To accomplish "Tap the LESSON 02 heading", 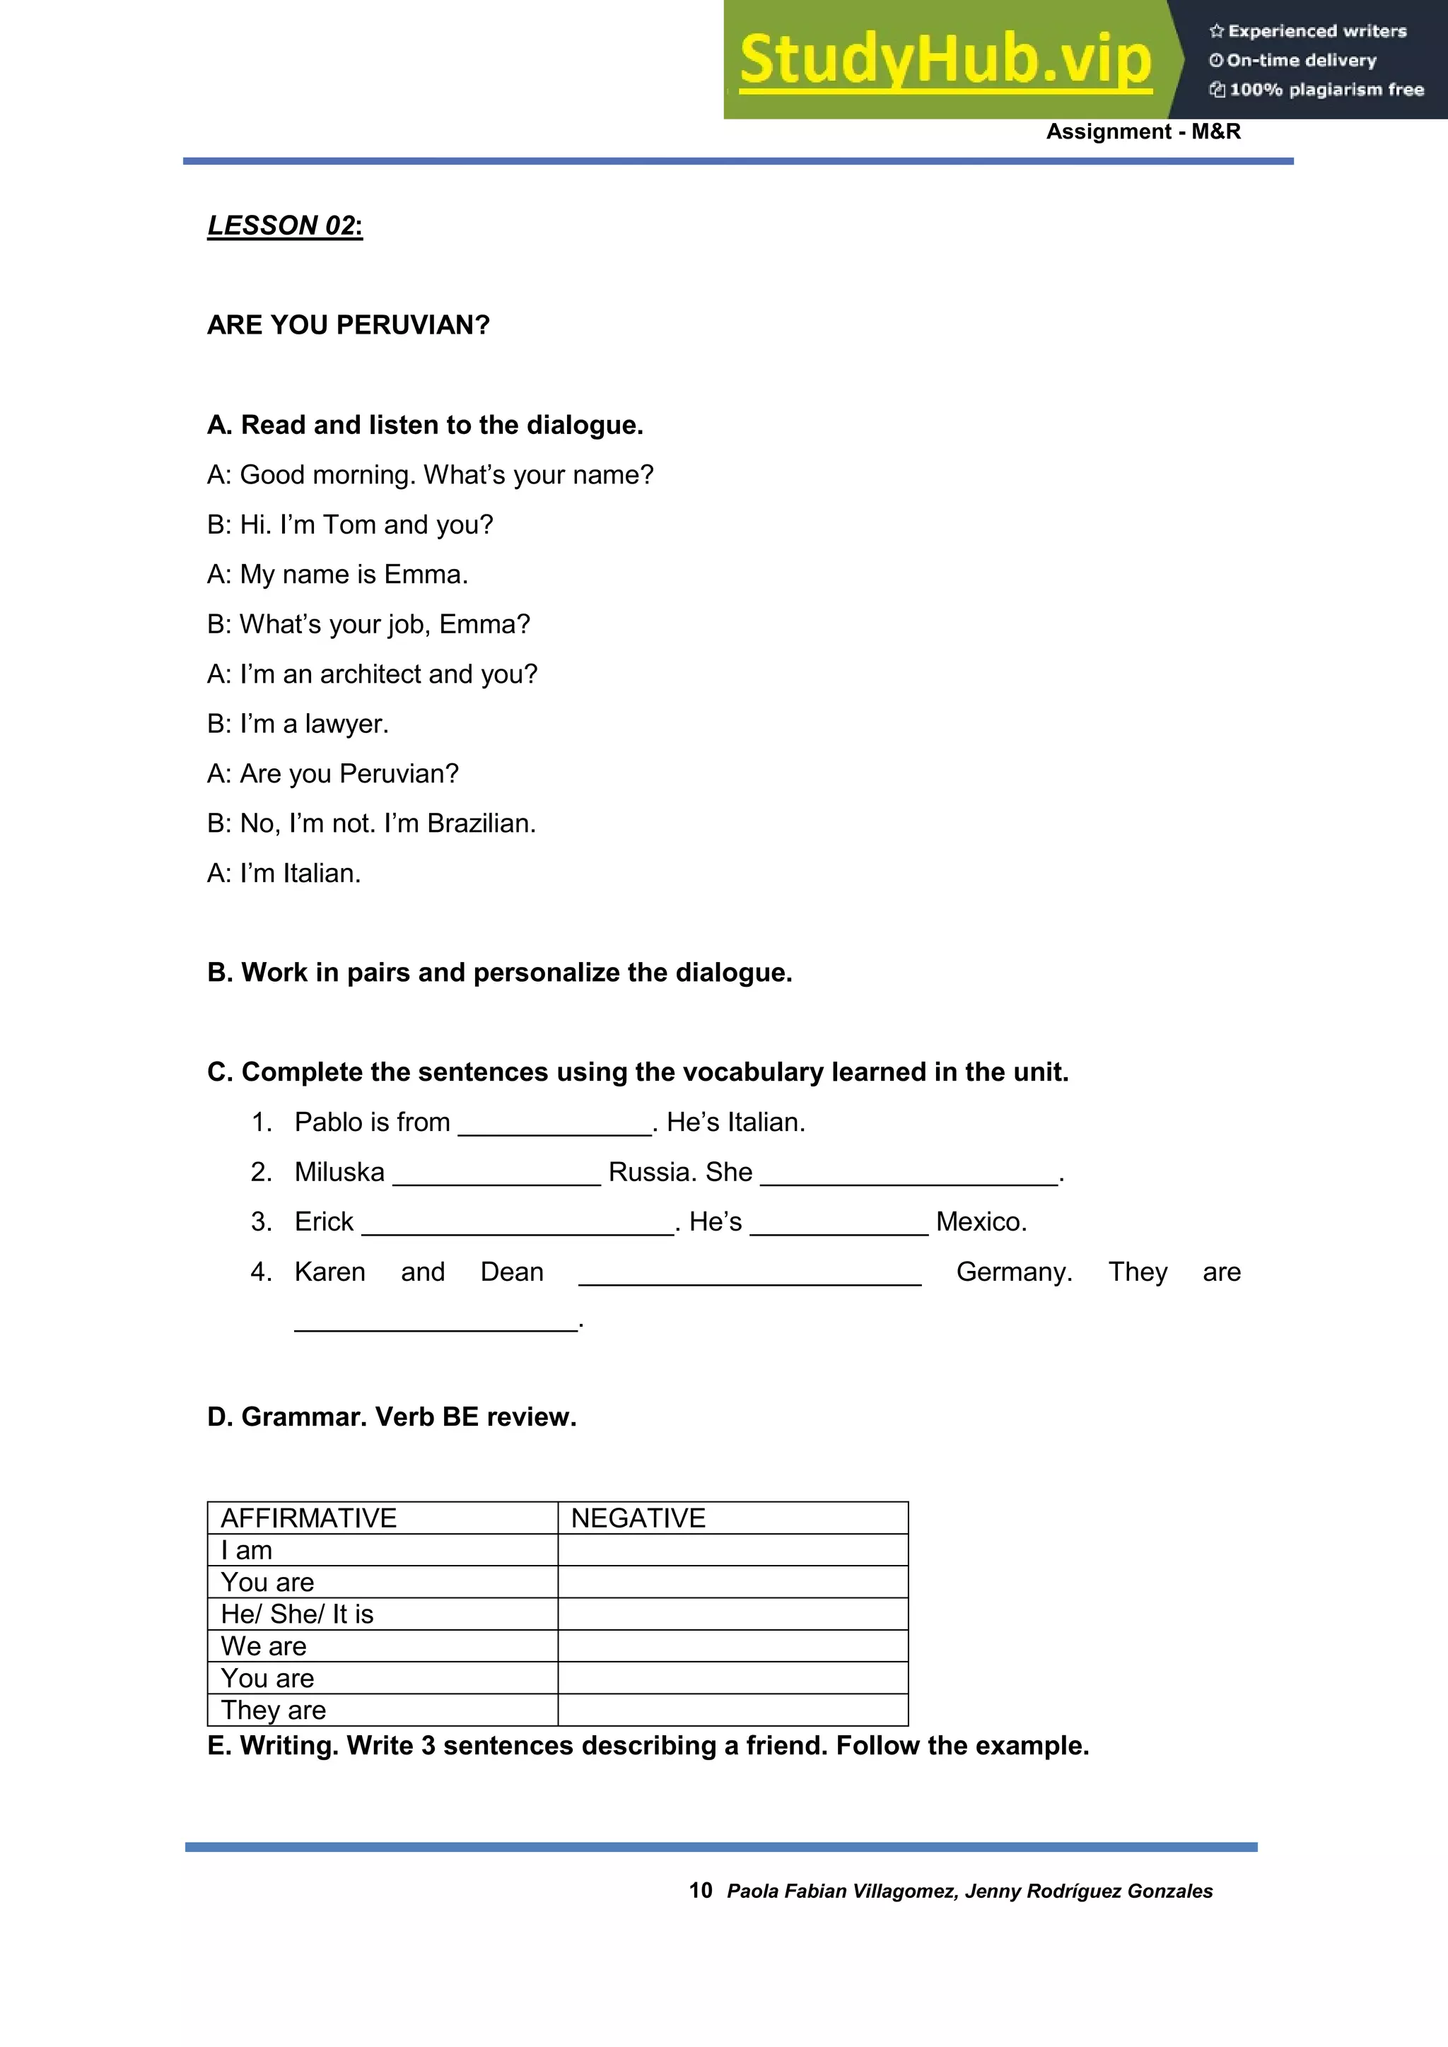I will point(284,225).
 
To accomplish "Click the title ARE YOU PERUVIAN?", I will point(349,325).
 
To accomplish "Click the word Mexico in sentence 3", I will point(980,1222).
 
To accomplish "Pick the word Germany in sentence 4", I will point(1013,1272).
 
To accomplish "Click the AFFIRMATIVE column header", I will point(308,1518).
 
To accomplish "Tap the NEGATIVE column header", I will point(638,1518).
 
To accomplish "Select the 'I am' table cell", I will point(247,1550).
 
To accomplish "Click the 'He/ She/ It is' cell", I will point(297,1614).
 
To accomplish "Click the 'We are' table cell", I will point(264,1647).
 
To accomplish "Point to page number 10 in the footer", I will point(700,1891).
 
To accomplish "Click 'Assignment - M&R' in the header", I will point(1143,132).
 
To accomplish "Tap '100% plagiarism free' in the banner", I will point(1325,90).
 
